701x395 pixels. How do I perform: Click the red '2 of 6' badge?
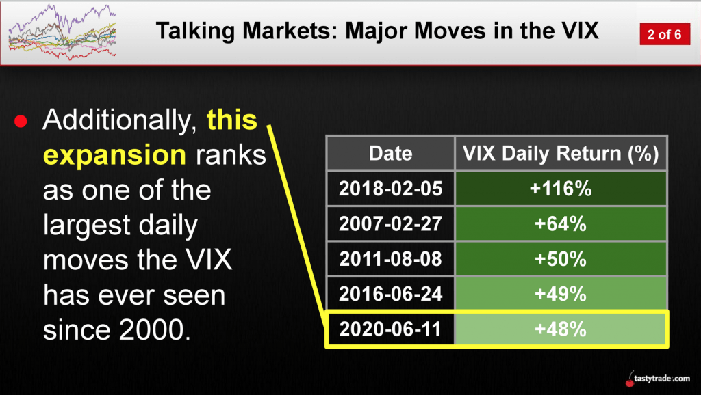(664, 34)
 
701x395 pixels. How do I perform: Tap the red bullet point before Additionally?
(21, 121)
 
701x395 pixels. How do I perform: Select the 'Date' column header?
(391, 153)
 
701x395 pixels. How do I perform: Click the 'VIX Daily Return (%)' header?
(561, 153)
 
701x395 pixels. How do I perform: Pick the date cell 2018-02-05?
(391, 189)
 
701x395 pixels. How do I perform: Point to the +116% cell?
(561, 189)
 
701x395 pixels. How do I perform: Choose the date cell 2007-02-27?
(391, 223)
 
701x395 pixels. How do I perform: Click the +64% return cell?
(561, 223)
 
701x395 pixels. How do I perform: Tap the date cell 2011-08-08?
(391, 259)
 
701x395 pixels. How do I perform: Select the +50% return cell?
(561, 259)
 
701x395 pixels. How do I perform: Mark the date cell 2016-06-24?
(391, 294)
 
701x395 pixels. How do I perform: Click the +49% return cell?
(561, 294)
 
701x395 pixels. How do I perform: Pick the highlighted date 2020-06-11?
(391, 329)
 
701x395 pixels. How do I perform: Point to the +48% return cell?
(561, 329)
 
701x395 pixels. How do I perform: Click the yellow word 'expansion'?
(114, 156)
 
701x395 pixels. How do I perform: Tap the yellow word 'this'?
(232, 120)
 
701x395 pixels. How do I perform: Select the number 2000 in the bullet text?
(152, 330)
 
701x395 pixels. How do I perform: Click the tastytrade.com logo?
(658, 379)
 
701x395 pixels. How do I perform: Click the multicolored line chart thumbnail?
(62, 32)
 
